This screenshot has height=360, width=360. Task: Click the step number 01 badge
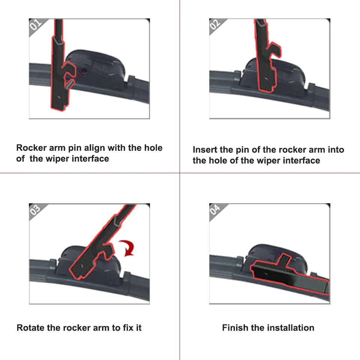pos(36,25)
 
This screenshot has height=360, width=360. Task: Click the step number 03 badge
pos(35,210)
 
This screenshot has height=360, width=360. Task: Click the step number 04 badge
pos(215,210)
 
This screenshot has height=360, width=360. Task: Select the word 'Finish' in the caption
pos(235,328)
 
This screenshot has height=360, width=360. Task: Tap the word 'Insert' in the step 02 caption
pos(205,150)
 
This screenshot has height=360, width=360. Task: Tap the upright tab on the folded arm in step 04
pos(284,261)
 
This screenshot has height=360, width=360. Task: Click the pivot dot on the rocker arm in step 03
pos(82,266)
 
